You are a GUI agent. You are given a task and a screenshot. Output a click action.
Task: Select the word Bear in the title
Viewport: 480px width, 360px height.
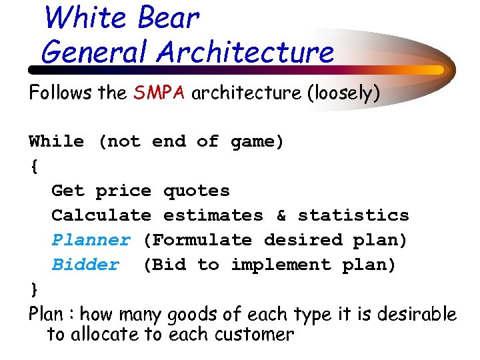coord(168,18)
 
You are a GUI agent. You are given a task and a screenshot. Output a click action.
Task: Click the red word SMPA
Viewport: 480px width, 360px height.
coord(161,93)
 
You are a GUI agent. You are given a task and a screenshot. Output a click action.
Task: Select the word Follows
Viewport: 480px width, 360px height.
coord(61,93)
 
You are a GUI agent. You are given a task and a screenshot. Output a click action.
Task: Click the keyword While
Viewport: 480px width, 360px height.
coord(56,142)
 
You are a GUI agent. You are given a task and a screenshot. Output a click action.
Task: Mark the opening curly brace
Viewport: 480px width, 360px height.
coord(34,167)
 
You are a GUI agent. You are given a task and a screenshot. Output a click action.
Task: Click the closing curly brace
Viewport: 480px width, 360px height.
coord(34,290)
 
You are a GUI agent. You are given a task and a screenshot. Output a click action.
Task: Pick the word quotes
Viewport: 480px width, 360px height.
coord(196,191)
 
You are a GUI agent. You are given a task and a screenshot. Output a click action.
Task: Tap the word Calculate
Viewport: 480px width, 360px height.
coord(101,216)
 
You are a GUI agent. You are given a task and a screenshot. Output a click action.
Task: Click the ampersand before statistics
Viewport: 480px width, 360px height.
coord(281,216)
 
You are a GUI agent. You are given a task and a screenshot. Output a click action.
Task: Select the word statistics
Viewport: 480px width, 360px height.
coord(353,216)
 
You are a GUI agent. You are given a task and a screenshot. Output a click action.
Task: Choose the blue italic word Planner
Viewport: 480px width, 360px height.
coord(91,240)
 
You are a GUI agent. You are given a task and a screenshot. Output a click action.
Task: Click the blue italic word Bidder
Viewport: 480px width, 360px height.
coord(85,265)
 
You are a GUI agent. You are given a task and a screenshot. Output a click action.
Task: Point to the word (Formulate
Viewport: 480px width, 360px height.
coord(197,240)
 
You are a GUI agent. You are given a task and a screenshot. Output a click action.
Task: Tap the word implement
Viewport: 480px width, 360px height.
coord(281,265)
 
